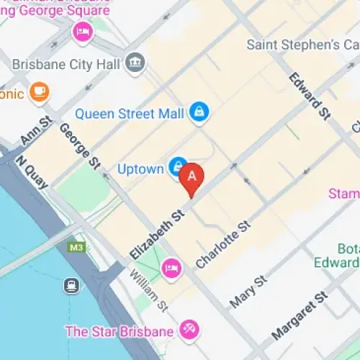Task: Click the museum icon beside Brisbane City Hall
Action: pos(135,63)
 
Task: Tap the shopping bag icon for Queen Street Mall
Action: pos(199,112)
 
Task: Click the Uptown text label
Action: pos(140,169)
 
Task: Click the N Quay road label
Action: pos(32,173)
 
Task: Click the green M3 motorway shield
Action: pos(76,248)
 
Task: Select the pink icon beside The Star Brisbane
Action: pos(190,331)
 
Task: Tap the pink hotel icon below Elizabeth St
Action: pos(171,268)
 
